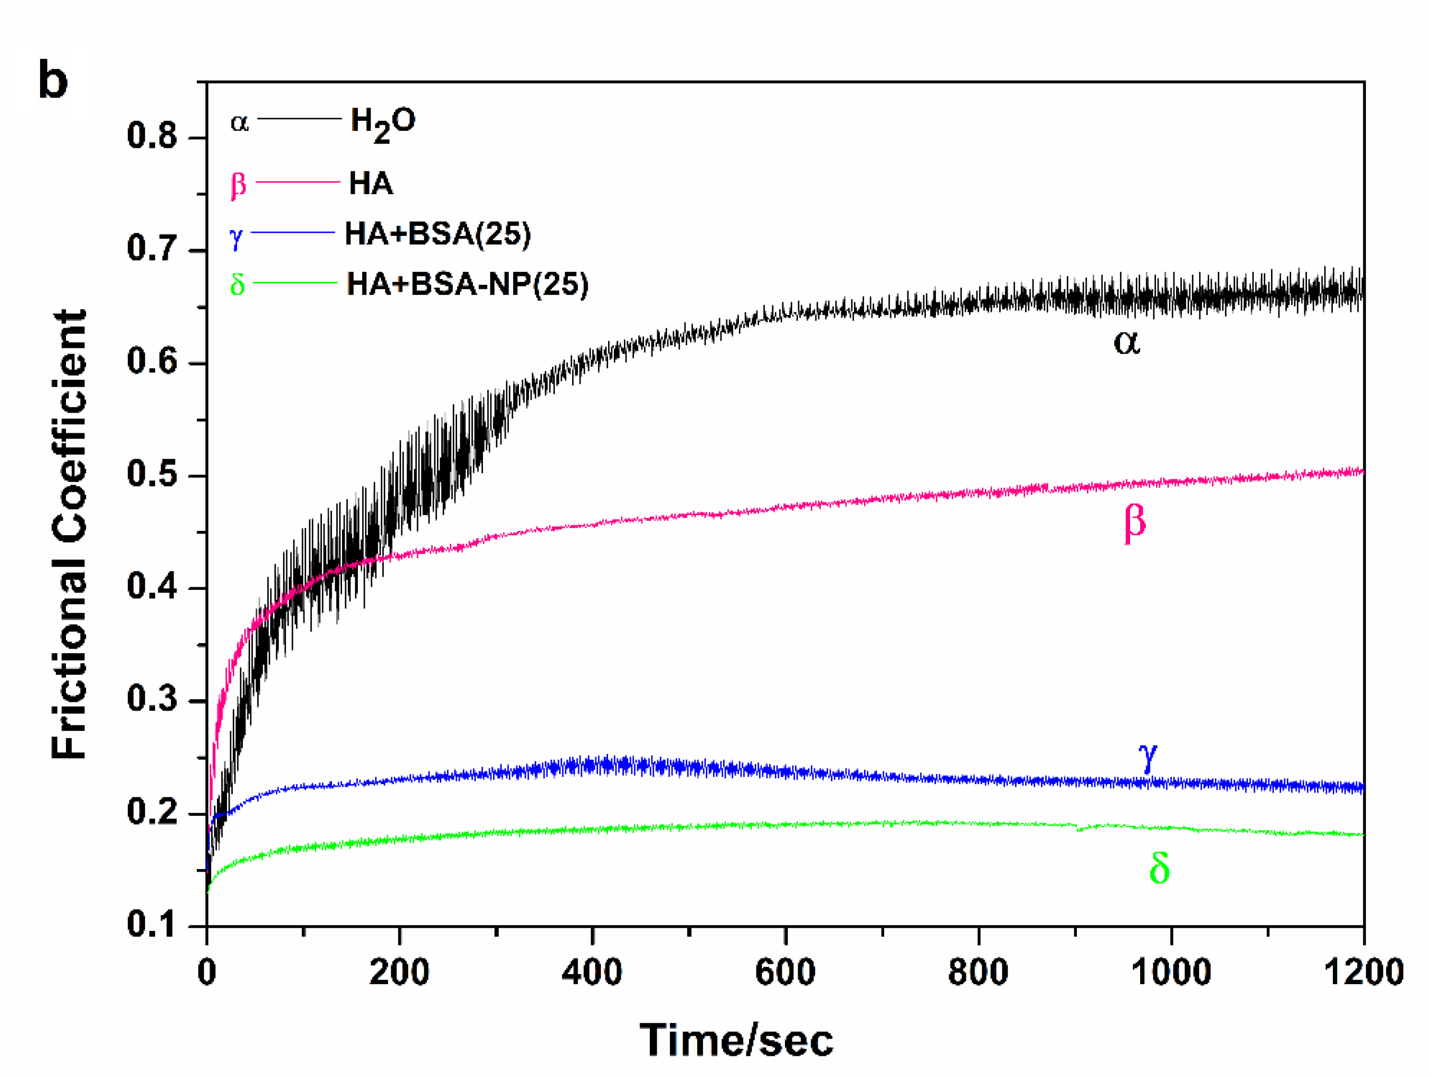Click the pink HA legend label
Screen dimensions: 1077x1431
[371, 183]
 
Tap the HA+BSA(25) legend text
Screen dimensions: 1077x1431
[437, 234]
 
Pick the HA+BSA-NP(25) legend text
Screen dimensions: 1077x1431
[467, 284]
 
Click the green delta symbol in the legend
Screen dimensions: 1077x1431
[238, 284]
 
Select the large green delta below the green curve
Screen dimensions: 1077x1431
[1159, 868]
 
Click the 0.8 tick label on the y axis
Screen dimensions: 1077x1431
[152, 137]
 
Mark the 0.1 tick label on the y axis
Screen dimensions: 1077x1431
[152, 924]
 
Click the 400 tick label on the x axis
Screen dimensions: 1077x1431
[591, 972]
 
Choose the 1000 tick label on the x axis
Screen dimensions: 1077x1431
[1171, 972]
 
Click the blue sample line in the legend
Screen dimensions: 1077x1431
[292, 232]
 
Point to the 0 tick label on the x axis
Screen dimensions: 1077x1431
[206, 972]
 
